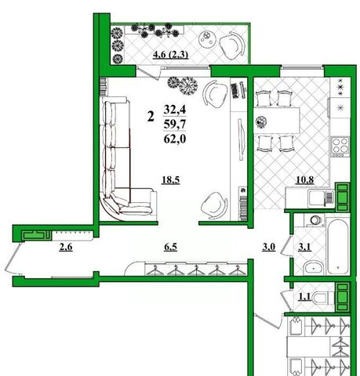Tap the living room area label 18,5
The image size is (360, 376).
171,180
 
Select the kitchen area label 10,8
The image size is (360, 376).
305,179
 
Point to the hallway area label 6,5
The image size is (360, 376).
171,247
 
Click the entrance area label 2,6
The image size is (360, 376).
66,247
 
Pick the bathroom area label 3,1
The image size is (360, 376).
304,247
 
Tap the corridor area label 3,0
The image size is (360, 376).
269,247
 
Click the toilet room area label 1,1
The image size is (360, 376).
305,297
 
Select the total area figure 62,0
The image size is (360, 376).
175,139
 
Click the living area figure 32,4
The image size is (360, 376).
175,109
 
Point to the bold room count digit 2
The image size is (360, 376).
151,116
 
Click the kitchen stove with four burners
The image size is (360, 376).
340,146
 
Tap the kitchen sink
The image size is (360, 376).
321,198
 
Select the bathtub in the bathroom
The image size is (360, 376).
338,247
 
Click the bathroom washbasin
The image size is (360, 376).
314,267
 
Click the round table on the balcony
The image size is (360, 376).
208,38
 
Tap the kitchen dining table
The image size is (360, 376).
277,120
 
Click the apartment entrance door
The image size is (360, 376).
12,258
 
